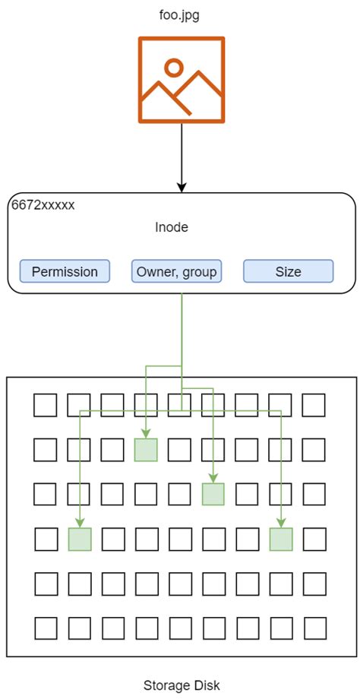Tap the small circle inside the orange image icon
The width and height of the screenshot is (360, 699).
[x=174, y=68]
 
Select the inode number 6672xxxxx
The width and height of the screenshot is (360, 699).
[x=43, y=205]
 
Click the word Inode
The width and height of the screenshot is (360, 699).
[x=171, y=227]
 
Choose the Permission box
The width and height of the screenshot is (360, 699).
[x=65, y=271]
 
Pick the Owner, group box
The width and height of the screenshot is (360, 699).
[x=177, y=271]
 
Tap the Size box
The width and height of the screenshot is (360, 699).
[x=288, y=271]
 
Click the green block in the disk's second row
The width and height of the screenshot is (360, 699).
[x=146, y=450]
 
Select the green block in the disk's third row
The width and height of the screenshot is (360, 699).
[x=213, y=495]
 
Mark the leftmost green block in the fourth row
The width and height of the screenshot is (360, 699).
[x=80, y=539]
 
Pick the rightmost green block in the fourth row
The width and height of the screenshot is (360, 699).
[x=281, y=539]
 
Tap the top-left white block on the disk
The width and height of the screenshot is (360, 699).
[x=46, y=405]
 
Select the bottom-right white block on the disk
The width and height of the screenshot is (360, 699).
[x=314, y=628]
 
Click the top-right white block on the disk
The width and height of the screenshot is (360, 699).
[x=314, y=405]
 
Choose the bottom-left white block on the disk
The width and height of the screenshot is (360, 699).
[x=46, y=628]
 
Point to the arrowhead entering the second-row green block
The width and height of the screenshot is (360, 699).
[x=146, y=435]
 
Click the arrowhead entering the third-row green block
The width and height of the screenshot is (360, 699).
[x=213, y=479]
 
